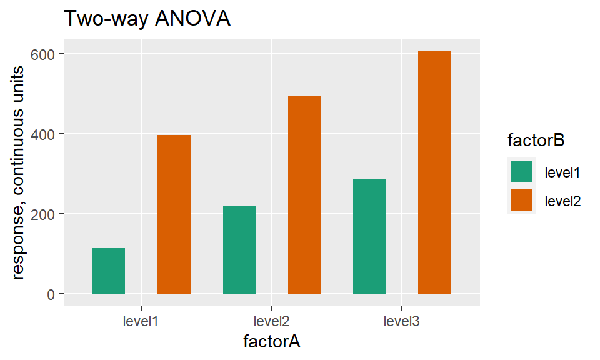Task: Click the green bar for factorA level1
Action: [109, 271]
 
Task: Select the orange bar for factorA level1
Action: [174, 214]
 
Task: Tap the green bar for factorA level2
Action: [239, 250]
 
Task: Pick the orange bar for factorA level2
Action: [304, 194]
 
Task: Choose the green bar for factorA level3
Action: [369, 236]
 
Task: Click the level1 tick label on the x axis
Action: [141, 322]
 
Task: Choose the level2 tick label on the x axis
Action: [272, 322]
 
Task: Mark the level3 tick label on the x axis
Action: [402, 322]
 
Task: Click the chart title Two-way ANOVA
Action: [147, 19]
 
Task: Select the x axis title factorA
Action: [272, 342]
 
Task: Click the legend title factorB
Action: [536, 141]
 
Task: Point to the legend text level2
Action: [563, 201]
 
